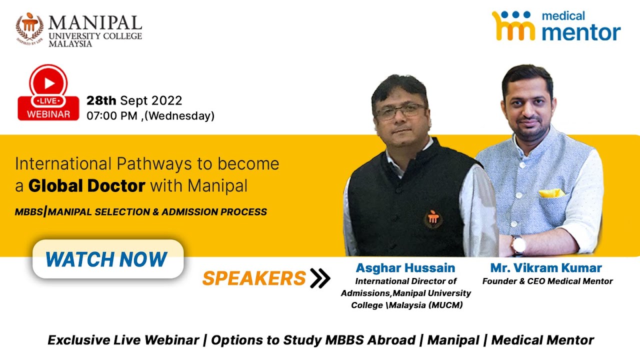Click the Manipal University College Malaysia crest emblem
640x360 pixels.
[x=29, y=27]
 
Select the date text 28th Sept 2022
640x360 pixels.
[x=134, y=100]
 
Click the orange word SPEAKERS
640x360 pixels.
[x=253, y=278]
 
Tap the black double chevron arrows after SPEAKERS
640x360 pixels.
[x=320, y=278]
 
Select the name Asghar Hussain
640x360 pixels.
[x=405, y=268]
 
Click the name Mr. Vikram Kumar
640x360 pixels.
[x=546, y=268]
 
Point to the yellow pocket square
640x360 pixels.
[x=551, y=193]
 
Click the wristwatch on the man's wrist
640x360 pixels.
[x=518, y=245]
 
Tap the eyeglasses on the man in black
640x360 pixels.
[x=400, y=111]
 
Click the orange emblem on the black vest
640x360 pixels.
[x=433, y=218]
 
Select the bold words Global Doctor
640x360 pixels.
[x=86, y=186]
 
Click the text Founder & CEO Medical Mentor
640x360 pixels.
[x=547, y=281]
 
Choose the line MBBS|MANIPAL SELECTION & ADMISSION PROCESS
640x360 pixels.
[x=140, y=212]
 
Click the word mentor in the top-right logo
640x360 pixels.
[x=581, y=32]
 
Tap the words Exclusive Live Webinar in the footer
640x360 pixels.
[x=123, y=340]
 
